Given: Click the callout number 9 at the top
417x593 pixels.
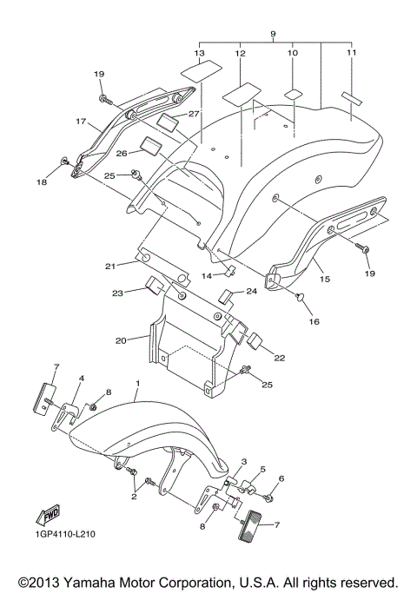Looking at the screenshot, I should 273,35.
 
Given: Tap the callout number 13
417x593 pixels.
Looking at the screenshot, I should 199,54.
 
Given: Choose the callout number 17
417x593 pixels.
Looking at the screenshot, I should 80,122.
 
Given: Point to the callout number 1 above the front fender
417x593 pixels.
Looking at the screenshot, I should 136,383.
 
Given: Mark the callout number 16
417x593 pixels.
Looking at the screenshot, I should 314,321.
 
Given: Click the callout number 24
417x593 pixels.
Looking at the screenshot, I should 251,292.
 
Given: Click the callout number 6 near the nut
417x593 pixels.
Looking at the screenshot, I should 281,479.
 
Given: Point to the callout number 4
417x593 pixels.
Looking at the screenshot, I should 81,379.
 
